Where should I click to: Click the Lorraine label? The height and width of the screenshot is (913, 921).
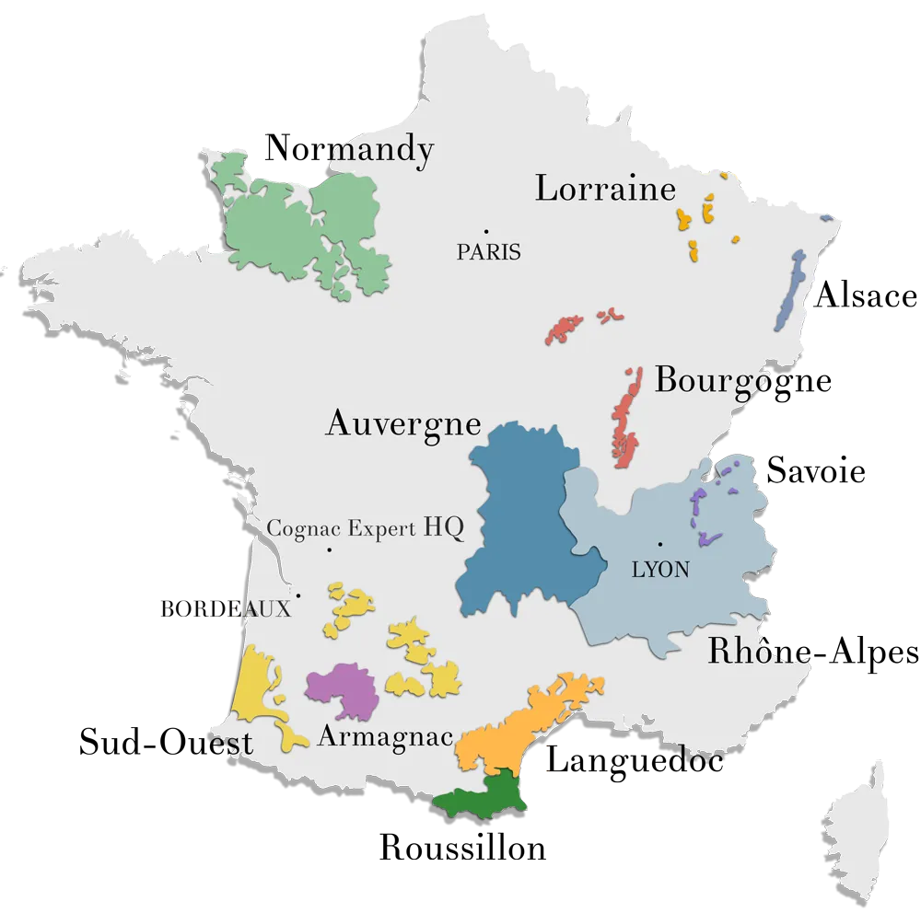tap(605, 190)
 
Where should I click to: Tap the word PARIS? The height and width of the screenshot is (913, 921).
tap(488, 251)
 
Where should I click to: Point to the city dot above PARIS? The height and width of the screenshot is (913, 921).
tap(486, 231)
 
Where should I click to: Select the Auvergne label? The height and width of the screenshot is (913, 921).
tap(403, 424)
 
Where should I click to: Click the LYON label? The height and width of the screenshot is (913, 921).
tap(660, 570)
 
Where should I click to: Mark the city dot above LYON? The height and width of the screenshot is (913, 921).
tap(659, 544)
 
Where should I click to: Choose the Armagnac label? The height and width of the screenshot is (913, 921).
tap(385, 736)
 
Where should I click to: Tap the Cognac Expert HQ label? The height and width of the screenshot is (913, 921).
tap(365, 528)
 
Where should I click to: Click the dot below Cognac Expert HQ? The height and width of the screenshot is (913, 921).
tap(329, 550)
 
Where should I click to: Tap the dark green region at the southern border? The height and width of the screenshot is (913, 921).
tap(484, 796)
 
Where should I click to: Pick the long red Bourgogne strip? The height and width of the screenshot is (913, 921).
tap(626, 419)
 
